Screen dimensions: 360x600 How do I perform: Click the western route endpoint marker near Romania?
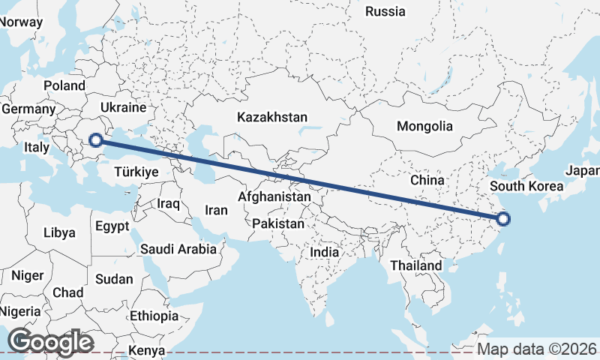(96, 139)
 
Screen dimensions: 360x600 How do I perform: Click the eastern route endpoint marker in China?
(503, 219)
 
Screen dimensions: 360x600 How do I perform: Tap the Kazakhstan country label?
(272, 117)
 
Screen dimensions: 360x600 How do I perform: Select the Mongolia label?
(424, 126)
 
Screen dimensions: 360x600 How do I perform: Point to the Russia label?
(385, 11)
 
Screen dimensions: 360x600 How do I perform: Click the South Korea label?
(526, 185)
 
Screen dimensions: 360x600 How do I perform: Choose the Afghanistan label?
(274, 196)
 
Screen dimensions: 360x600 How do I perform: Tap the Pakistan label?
(278, 223)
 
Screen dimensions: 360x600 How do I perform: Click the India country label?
(325, 253)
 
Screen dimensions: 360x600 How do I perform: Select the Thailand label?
(416, 265)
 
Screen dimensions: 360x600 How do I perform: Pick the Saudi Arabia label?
(178, 249)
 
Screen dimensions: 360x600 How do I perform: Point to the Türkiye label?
(136, 172)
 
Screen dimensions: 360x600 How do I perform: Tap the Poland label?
(64, 85)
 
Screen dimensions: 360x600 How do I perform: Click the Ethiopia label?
(154, 316)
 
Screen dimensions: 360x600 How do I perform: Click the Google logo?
(50, 342)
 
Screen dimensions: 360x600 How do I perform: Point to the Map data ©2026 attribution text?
(537, 349)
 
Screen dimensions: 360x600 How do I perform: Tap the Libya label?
(60, 232)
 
